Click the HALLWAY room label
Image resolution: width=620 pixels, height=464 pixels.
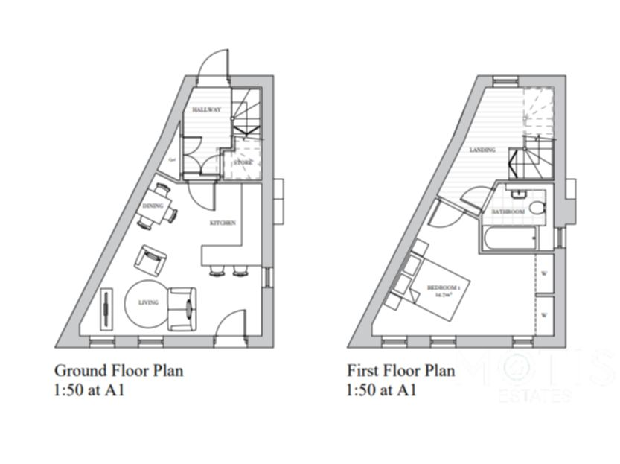(206, 110)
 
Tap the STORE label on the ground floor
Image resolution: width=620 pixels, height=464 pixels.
(243, 162)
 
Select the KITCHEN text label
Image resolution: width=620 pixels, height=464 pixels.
(223, 223)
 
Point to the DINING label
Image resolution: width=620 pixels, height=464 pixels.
(153, 206)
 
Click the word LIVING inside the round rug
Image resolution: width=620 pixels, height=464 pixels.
(148, 302)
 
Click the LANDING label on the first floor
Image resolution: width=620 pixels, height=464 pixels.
(482, 150)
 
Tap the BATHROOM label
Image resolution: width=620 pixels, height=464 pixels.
(508, 212)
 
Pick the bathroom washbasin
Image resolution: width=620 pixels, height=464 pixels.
(520, 193)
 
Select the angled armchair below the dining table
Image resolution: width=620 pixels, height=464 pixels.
(150, 259)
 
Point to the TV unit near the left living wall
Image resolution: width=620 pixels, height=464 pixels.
(108, 308)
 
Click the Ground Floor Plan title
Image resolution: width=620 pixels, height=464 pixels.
(118, 370)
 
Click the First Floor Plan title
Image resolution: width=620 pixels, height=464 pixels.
(400, 370)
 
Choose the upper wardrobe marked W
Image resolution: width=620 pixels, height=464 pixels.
(543, 273)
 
